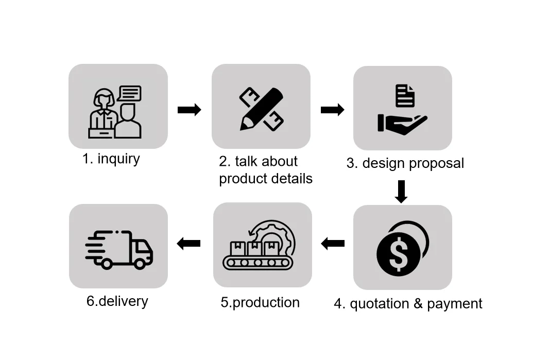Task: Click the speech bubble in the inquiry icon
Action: coord(129,93)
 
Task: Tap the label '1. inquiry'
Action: coord(111,159)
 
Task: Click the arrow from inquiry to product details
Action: coord(189,110)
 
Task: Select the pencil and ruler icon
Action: coord(261,108)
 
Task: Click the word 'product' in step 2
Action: coord(241,179)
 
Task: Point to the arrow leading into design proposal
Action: coord(332,110)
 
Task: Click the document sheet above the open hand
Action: coord(405,96)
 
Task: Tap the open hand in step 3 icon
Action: coord(402,124)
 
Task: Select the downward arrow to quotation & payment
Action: coord(401,191)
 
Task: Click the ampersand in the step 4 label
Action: coord(418,304)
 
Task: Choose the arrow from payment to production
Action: coord(333,243)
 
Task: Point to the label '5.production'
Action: coord(260,302)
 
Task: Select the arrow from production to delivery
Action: coord(188,243)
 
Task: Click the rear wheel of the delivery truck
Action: coord(107,263)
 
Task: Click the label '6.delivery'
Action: coord(117,301)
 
